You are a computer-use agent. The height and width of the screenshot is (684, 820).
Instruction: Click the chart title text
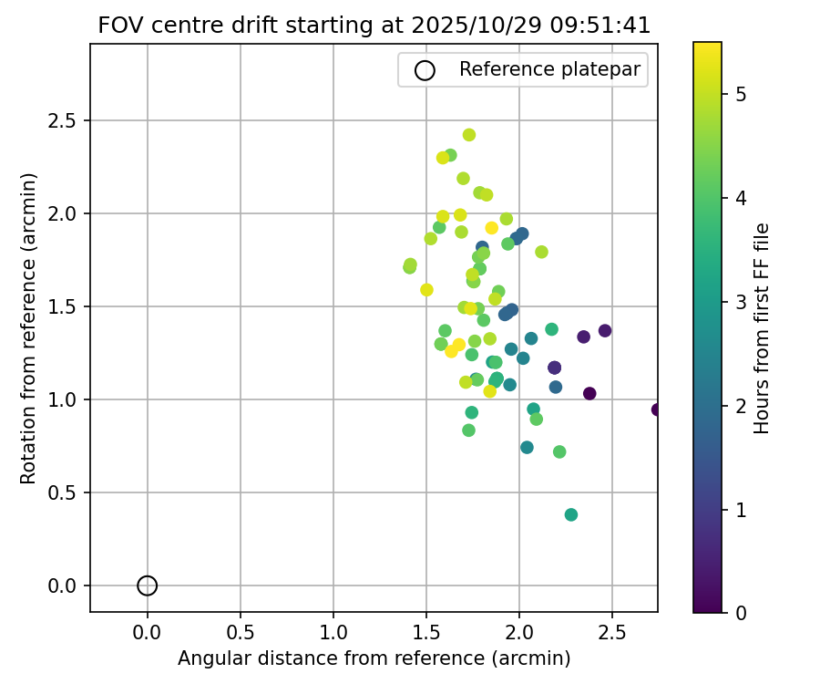pyautogui.click(x=374, y=26)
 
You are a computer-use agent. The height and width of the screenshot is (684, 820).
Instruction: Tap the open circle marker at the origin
pyautogui.click(x=148, y=586)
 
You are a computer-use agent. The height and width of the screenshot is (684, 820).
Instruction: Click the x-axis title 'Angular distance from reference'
pyautogui.click(x=374, y=658)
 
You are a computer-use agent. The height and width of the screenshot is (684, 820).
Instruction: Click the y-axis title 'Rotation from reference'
pyautogui.click(x=28, y=328)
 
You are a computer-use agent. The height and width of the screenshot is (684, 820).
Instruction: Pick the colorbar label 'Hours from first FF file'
pyautogui.click(x=762, y=328)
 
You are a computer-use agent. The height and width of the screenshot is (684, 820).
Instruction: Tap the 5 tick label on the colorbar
pyautogui.click(x=742, y=94)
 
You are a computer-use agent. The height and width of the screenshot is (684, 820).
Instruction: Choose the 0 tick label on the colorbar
pyautogui.click(x=742, y=613)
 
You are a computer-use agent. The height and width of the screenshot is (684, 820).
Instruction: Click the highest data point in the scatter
pyautogui.click(x=469, y=135)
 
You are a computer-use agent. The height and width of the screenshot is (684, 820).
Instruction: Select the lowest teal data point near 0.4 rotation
pyautogui.click(x=571, y=514)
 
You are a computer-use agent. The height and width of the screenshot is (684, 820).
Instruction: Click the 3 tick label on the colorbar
pyautogui.click(x=742, y=302)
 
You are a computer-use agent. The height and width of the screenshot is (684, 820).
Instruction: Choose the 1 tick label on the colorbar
pyautogui.click(x=742, y=509)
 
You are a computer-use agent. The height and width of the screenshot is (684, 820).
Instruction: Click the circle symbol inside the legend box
pyautogui.click(x=425, y=70)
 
